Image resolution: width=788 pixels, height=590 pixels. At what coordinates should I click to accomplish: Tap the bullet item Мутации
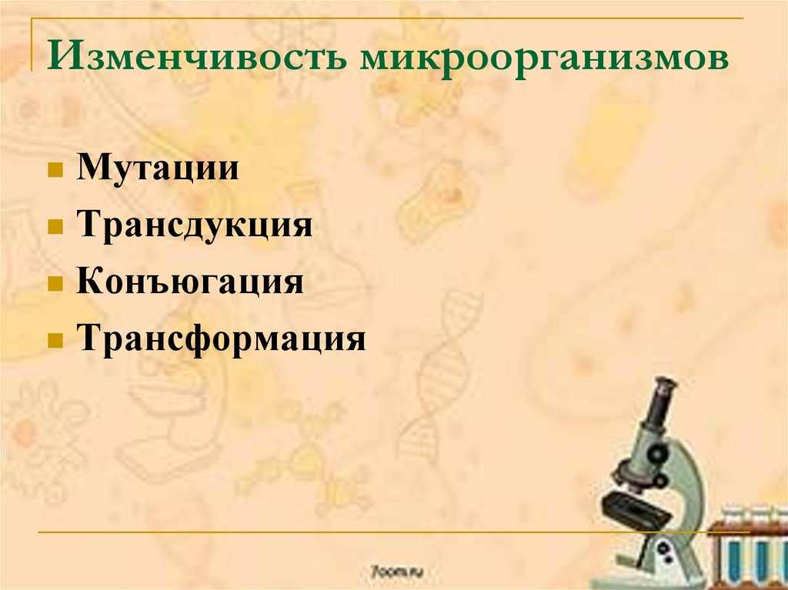(157, 168)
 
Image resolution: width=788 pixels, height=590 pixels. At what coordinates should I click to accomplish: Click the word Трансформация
(220, 338)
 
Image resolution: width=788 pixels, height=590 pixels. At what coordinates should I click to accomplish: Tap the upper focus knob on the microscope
(656, 455)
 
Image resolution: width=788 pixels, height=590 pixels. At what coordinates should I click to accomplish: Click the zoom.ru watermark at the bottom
(396, 572)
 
